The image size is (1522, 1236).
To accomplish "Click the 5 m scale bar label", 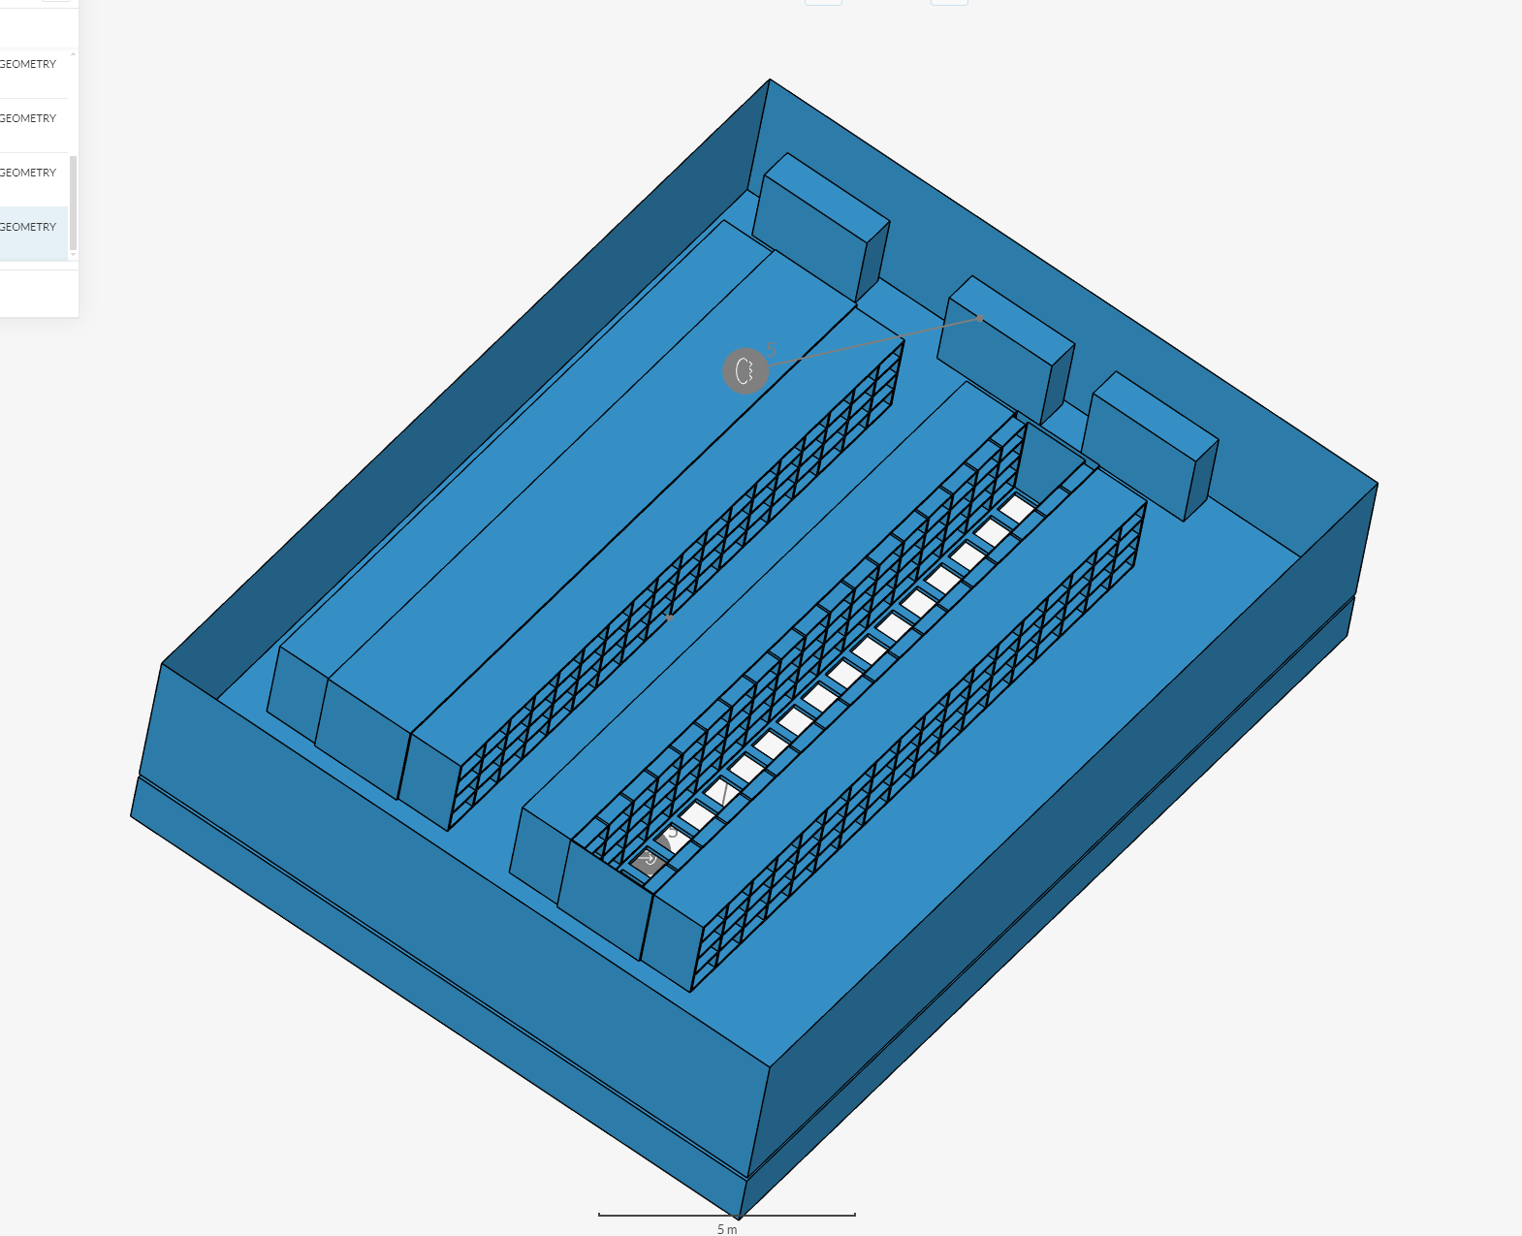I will click(727, 1229).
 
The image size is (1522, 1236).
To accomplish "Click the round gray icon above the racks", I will click(745, 370).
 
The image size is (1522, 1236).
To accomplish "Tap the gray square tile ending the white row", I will click(648, 860).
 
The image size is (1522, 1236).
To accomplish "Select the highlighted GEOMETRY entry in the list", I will click(28, 227).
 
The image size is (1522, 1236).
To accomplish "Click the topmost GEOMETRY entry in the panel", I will click(28, 64).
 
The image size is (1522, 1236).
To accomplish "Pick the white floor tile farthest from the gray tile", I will click(1016, 508).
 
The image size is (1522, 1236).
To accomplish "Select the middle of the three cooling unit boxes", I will click(1005, 348).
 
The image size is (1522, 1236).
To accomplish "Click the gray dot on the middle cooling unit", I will click(981, 318).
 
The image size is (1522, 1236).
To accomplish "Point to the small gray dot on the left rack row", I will click(669, 617).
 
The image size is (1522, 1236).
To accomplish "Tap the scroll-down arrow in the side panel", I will click(73, 255).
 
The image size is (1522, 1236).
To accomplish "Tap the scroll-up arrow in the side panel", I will click(73, 53).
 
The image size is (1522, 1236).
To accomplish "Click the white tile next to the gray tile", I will click(673, 839).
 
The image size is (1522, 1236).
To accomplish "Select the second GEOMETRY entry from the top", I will click(28, 118).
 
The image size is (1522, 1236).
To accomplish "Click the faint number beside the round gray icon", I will click(772, 350).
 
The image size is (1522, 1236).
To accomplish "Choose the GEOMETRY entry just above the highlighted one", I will click(28, 173).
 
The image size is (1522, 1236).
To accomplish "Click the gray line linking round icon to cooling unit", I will click(872, 342).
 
